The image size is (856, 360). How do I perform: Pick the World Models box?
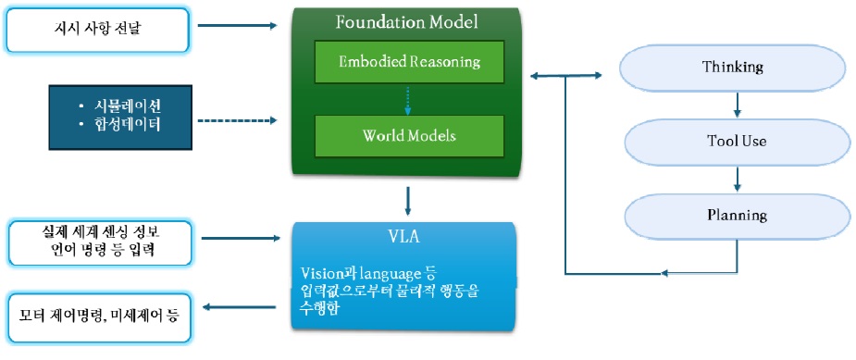click(408, 136)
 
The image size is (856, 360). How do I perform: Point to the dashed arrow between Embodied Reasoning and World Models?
click(408, 98)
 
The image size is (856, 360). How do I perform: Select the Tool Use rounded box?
click(735, 142)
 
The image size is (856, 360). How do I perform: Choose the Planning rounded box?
click(735, 216)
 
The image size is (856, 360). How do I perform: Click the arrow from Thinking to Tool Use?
click(736, 105)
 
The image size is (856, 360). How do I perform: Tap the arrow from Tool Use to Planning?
click(736, 179)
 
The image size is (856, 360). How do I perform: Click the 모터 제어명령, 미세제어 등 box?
click(99, 316)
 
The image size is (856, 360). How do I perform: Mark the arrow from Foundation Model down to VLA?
click(408, 200)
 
